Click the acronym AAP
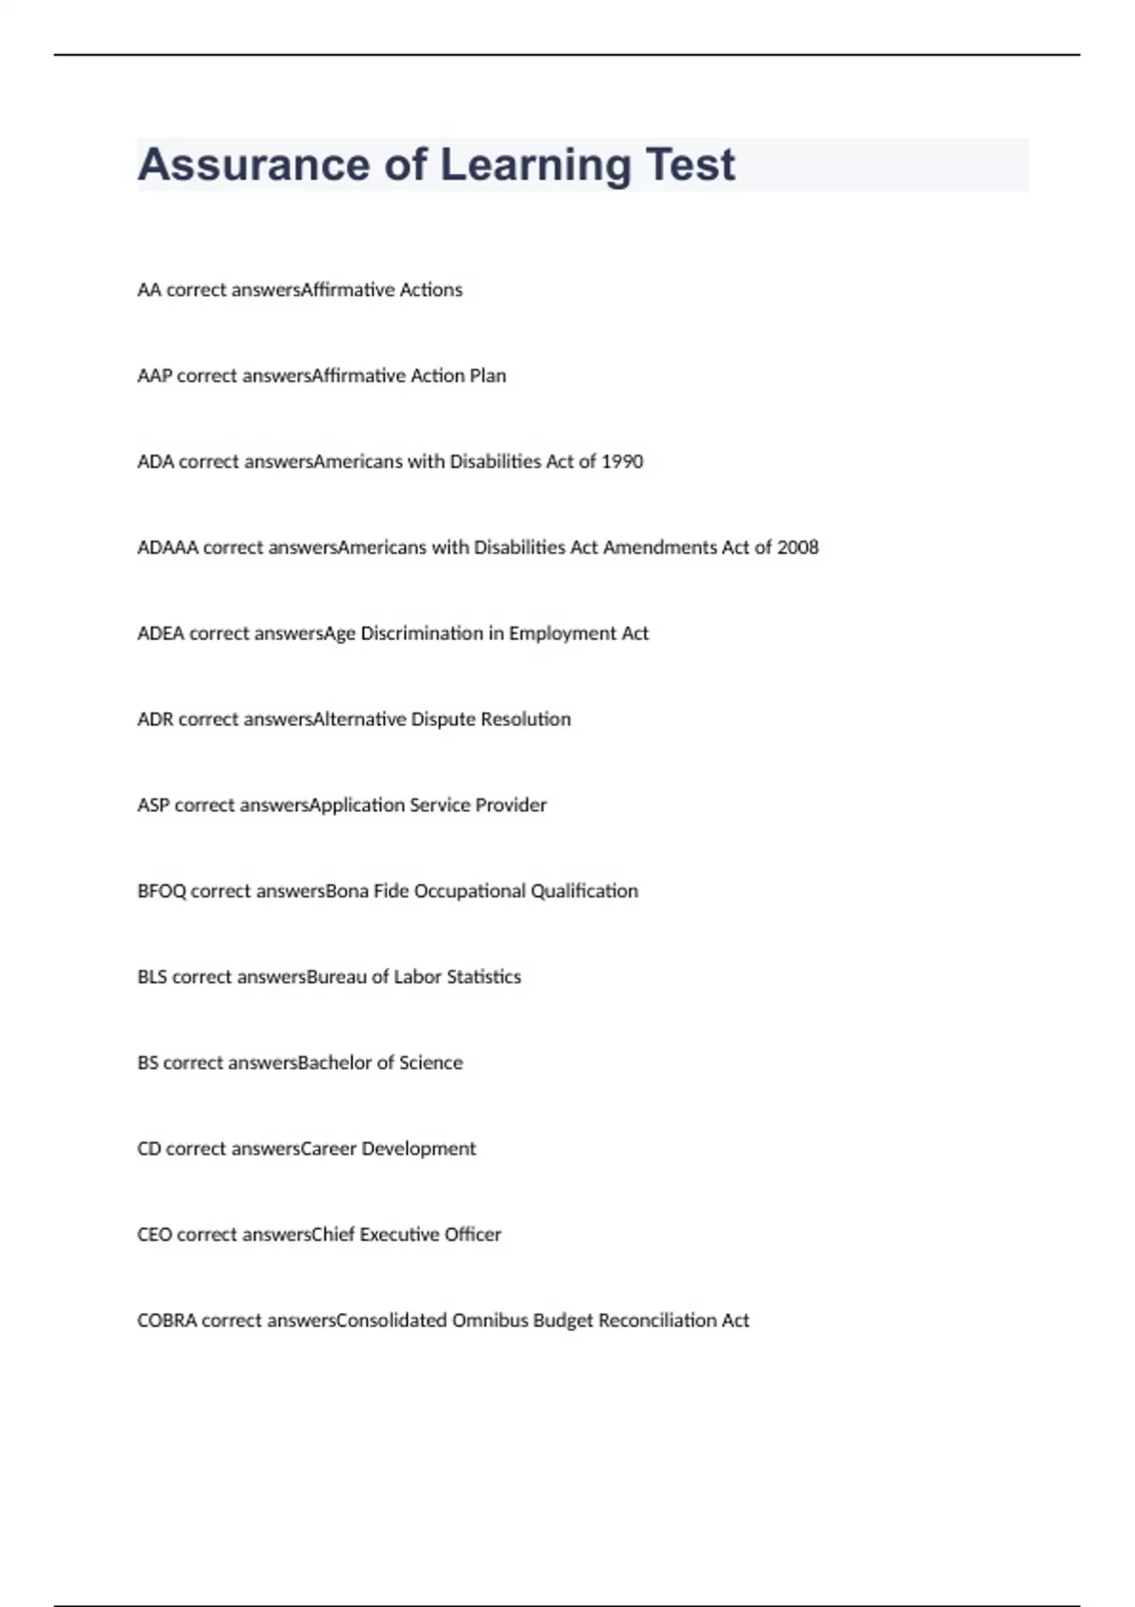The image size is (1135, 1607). point(154,375)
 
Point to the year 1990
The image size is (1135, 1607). point(622,461)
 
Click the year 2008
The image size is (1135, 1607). point(797,547)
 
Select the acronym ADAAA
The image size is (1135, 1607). point(167,547)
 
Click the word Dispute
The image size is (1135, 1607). point(443,719)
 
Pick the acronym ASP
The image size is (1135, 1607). point(153,805)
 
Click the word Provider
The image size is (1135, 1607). point(511,805)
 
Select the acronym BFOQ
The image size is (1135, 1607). point(162,891)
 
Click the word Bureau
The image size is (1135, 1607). point(336,977)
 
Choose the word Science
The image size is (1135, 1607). point(430,1063)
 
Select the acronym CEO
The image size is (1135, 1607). point(154,1235)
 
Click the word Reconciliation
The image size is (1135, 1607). point(657,1321)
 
